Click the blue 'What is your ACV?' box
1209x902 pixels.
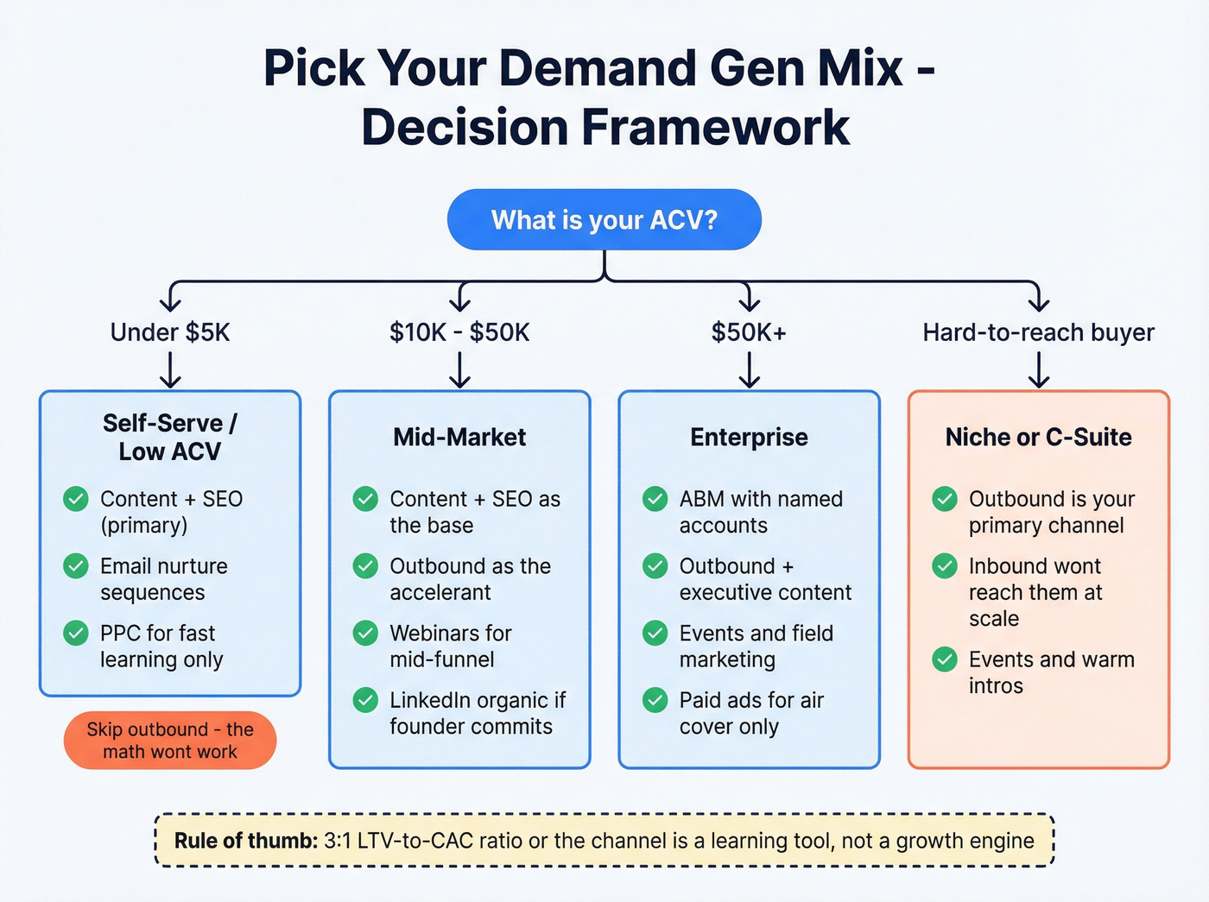604,220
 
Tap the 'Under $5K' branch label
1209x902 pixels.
170,332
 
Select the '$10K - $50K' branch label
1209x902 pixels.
459,332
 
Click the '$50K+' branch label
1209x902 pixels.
749,332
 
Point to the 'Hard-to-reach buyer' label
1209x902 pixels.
1038,332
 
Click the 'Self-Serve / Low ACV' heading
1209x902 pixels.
170,437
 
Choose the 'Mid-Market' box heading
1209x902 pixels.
459,437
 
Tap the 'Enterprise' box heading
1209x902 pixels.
749,437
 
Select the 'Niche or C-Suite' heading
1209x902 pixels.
1038,437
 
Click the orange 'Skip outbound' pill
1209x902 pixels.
170,741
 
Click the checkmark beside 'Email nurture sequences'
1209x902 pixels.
76,566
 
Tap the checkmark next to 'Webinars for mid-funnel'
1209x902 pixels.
365,634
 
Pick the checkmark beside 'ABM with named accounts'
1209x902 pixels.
655,499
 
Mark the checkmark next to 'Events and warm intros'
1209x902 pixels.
945,660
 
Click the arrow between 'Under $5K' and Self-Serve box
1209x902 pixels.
170,370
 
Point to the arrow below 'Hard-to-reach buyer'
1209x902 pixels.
1038,370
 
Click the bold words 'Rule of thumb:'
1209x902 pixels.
246,841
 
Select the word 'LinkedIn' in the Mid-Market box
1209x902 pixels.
429,700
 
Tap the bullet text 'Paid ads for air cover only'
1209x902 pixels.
751,713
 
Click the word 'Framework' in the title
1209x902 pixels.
715,128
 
